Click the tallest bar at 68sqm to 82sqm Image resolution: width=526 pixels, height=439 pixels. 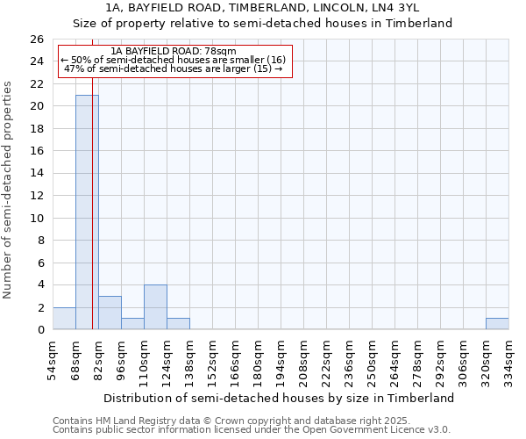[x=87, y=212]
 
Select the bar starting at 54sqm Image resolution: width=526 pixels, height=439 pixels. [x=64, y=319]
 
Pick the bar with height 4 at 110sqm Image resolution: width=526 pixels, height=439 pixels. [x=155, y=307]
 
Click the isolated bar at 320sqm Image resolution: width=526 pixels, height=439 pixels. [x=497, y=324]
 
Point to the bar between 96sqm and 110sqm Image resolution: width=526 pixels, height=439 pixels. [x=132, y=324]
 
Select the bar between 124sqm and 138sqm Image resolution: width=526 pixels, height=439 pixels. [x=178, y=324]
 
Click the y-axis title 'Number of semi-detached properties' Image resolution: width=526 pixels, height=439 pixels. [x=9, y=190]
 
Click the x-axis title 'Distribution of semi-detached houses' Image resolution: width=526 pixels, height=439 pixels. [x=279, y=398]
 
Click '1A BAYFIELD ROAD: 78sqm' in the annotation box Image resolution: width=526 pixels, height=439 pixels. [x=174, y=52]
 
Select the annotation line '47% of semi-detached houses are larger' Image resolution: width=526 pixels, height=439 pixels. [x=174, y=68]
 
